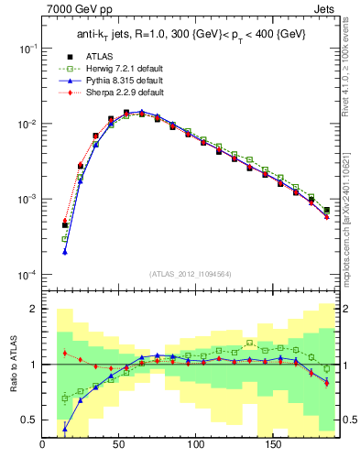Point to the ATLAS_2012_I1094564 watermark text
[x=191, y=272]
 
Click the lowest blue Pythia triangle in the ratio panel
[x=65, y=428]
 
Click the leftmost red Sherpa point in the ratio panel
[x=65, y=353]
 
